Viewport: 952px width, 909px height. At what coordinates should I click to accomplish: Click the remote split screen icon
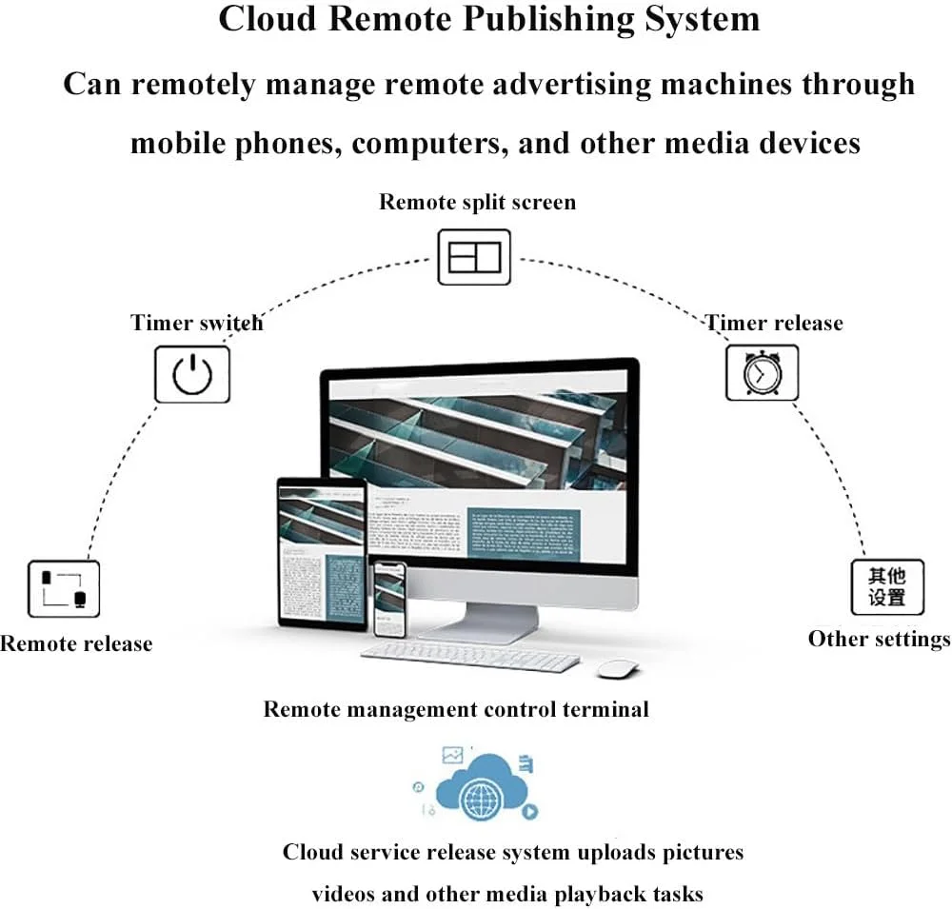pyautogui.click(x=474, y=257)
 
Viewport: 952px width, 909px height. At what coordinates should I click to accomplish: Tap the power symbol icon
pyautogui.click(x=192, y=374)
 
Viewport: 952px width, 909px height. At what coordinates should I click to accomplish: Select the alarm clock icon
pyautogui.click(x=762, y=373)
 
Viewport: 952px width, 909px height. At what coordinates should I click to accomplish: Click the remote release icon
pyautogui.click(x=64, y=588)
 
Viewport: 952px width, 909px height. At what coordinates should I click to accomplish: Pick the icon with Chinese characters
pyautogui.click(x=886, y=587)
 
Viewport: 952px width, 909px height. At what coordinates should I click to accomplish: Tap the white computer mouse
pyautogui.click(x=617, y=668)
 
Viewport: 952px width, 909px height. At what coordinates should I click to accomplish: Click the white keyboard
pyautogui.click(x=470, y=656)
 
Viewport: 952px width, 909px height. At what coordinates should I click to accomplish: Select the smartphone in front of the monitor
pyautogui.click(x=388, y=599)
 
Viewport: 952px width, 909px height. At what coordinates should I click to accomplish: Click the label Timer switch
pyautogui.click(x=196, y=323)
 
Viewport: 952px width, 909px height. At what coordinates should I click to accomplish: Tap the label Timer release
pyautogui.click(x=773, y=323)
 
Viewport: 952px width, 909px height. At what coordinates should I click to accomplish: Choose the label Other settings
pyautogui.click(x=879, y=639)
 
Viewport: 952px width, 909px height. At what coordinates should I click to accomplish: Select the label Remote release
pyautogui.click(x=76, y=643)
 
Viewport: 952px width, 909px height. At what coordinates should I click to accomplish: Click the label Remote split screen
pyautogui.click(x=477, y=202)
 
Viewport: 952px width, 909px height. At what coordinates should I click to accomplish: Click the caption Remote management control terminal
pyautogui.click(x=456, y=709)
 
